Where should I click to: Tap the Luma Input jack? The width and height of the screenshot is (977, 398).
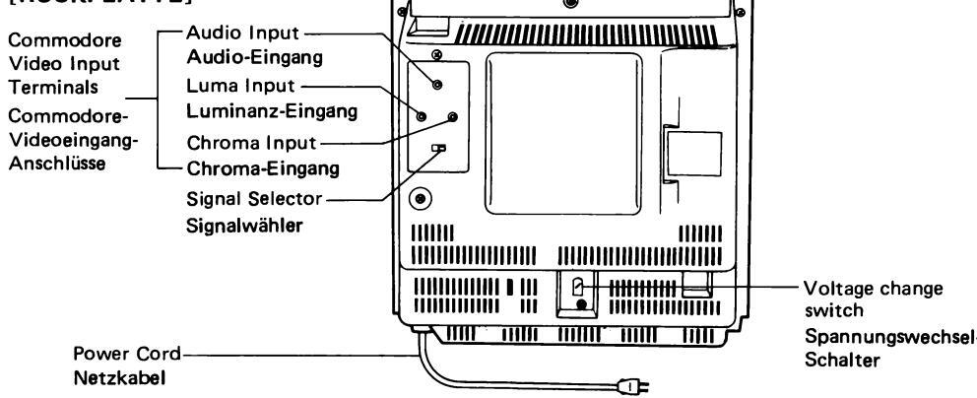click(422, 117)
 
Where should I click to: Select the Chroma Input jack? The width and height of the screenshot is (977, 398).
click(452, 116)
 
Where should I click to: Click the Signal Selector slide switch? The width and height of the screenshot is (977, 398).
click(439, 149)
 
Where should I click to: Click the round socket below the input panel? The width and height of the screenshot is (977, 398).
click(422, 198)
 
